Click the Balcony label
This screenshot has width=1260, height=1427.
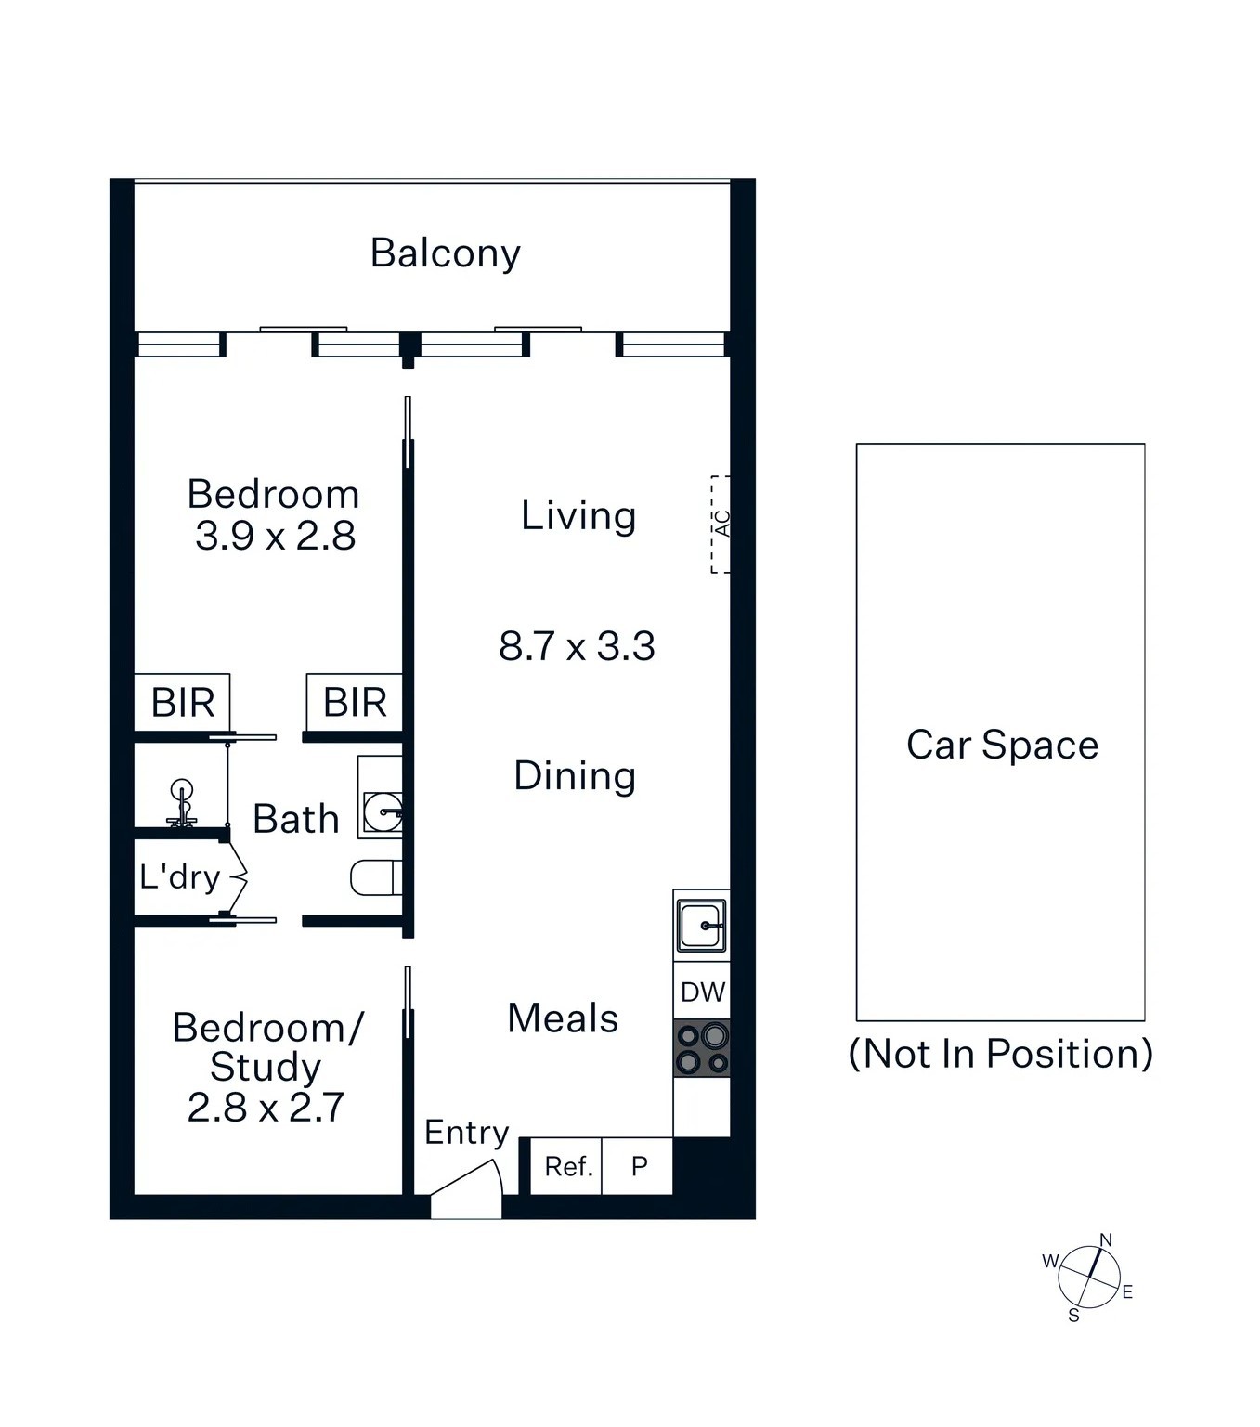[x=445, y=253]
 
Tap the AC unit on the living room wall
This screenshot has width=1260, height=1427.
[x=721, y=525]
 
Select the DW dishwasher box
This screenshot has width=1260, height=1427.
[x=702, y=992]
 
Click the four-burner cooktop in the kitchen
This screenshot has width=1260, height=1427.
[x=702, y=1049]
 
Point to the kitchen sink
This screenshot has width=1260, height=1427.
[x=702, y=925]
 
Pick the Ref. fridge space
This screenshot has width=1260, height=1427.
[x=567, y=1166]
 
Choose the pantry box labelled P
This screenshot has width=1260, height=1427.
[x=639, y=1166]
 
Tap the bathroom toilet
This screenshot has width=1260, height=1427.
[x=375, y=877]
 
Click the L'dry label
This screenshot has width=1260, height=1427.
[x=179, y=876]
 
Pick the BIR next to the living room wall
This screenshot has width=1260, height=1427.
[x=355, y=703]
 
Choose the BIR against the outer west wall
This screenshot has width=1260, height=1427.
[x=183, y=703]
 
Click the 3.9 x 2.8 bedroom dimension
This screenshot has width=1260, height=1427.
[x=276, y=537]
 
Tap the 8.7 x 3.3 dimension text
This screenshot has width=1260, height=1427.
[x=577, y=646]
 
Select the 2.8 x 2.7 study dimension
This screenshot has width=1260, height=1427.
[x=266, y=1108]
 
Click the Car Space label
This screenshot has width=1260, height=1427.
[x=1002, y=746]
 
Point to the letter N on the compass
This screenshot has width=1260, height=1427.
[x=1106, y=1240]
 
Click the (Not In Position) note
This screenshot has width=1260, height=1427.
[x=1001, y=1055]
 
